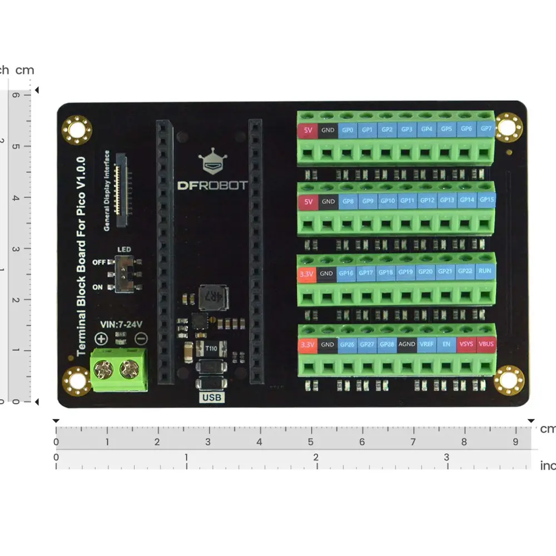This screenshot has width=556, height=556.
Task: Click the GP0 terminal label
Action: [x=348, y=130]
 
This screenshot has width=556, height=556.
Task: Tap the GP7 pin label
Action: [x=487, y=129]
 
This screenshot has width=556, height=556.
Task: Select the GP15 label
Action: [x=487, y=200]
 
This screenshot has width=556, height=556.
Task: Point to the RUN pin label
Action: [x=485, y=271]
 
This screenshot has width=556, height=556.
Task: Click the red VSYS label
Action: [x=466, y=344]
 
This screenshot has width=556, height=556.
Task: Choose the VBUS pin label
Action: [x=486, y=344]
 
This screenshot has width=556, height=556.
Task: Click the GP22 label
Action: [x=465, y=272]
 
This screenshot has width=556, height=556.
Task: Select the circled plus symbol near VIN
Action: [x=102, y=338]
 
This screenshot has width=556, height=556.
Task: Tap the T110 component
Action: [x=211, y=349]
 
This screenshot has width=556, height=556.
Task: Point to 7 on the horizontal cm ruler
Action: [x=413, y=443]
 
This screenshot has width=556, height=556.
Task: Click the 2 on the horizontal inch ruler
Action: [x=316, y=458]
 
